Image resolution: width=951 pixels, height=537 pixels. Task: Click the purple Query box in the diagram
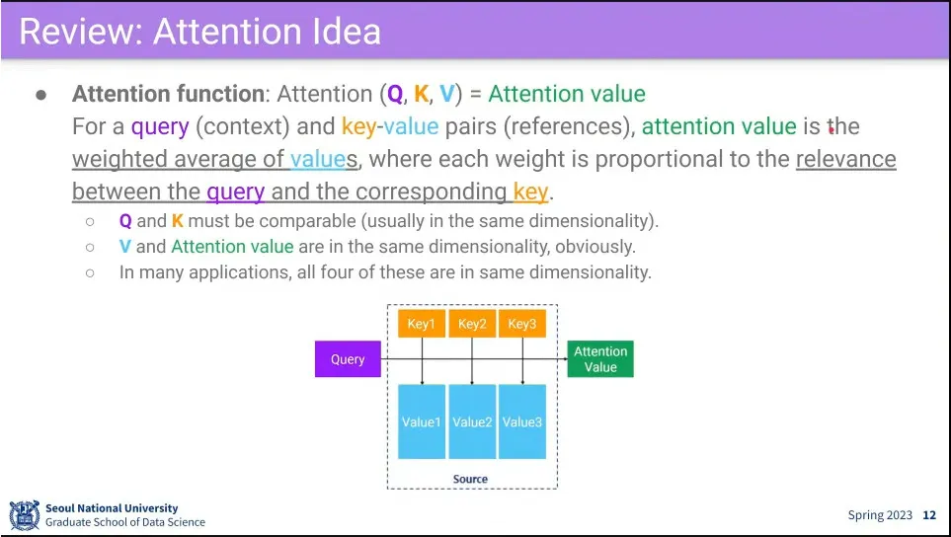(x=348, y=359)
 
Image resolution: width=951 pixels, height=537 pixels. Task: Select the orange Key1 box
(x=422, y=324)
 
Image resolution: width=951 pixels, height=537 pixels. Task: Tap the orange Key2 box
(x=472, y=324)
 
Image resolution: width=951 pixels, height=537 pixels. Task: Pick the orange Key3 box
(x=522, y=324)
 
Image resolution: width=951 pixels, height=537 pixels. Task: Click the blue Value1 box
(x=422, y=422)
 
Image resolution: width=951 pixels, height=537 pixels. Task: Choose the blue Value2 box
(x=472, y=422)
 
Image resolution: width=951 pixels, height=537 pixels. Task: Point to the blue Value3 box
(x=522, y=422)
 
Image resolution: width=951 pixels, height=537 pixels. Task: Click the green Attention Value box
(x=600, y=359)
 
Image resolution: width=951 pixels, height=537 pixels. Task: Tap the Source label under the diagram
(x=470, y=479)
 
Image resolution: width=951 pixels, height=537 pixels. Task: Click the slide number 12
(x=929, y=515)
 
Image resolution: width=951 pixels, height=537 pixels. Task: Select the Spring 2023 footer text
(x=880, y=515)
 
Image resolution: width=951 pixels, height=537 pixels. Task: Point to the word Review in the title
(x=80, y=32)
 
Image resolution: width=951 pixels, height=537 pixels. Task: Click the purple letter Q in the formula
(x=395, y=95)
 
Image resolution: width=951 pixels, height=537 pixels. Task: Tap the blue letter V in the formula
(x=447, y=95)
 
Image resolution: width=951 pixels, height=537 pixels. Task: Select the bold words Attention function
(x=168, y=95)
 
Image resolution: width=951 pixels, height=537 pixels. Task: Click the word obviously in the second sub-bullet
(x=595, y=247)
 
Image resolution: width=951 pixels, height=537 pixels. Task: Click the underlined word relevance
(x=845, y=160)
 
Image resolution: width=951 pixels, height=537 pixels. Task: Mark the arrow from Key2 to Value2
(x=472, y=360)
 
